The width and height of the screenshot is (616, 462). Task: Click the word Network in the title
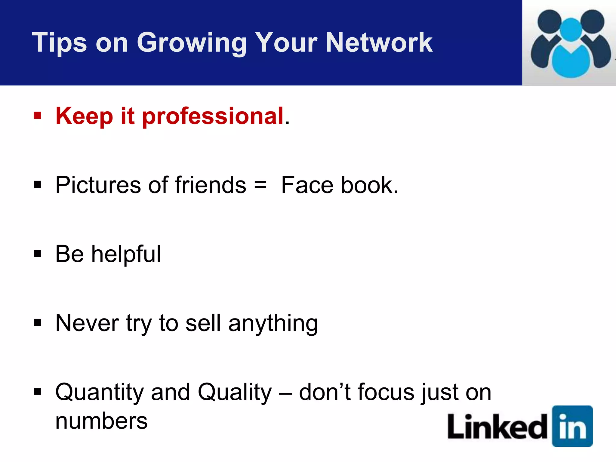click(379, 43)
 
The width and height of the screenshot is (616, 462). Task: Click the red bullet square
click(37, 116)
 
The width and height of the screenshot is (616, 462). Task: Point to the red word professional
click(213, 116)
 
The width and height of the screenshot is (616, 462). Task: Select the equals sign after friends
click(260, 185)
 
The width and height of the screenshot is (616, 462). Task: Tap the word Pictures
click(98, 185)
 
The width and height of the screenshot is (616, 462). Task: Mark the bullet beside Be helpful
click(37, 254)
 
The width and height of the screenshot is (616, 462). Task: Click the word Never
click(87, 323)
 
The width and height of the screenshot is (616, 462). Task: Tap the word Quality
click(235, 393)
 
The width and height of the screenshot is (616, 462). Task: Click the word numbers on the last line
click(101, 421)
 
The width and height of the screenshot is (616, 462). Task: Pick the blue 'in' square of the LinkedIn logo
click(572, 426)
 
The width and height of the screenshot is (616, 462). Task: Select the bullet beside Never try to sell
click(37, 323)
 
